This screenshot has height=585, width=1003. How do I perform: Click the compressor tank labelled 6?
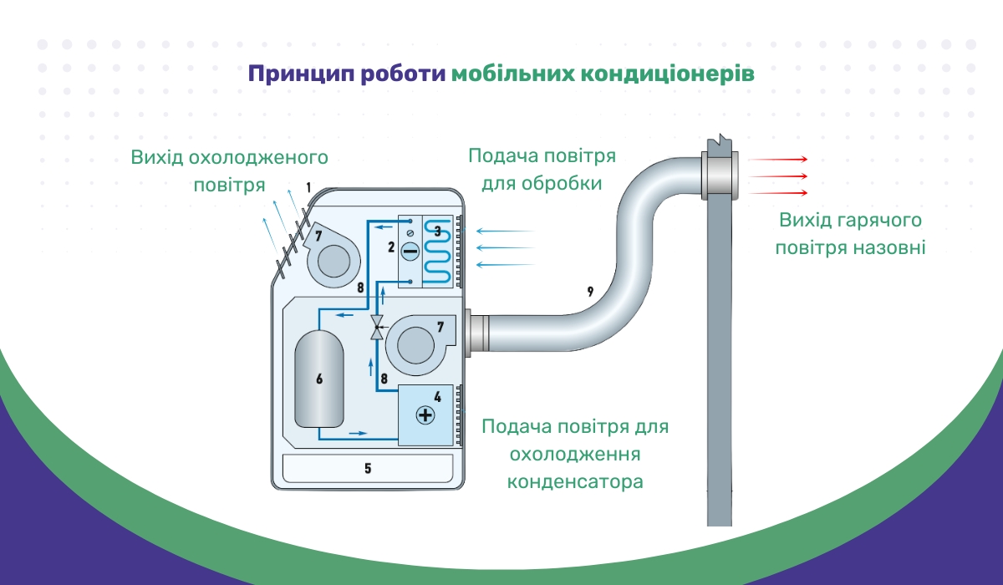(x=319, y=379)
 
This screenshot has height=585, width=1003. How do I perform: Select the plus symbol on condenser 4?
(x=425, y=415)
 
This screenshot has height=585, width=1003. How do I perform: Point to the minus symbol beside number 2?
(x=410, y=251)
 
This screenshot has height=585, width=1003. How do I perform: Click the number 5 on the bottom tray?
(x=368, y=468)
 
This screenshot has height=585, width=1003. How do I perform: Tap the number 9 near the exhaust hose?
(x=590, y=292)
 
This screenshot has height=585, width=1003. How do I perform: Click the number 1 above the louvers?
(x=308, y=187)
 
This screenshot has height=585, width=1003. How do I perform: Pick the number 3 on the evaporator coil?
(x=437, y=231)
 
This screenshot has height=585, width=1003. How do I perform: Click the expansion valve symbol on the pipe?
(x=377, y=328)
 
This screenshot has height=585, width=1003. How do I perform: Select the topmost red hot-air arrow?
(x=778, y=160)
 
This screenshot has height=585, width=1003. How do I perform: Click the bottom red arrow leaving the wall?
(x=778, y=193)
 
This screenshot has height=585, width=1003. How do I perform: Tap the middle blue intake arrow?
(x=506, y=247)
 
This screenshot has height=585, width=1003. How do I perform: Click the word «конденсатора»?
(x=575, y=481)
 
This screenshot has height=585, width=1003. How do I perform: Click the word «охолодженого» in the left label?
(x=258, y=159)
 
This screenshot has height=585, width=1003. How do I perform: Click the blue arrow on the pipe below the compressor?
(x=359, y=433)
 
